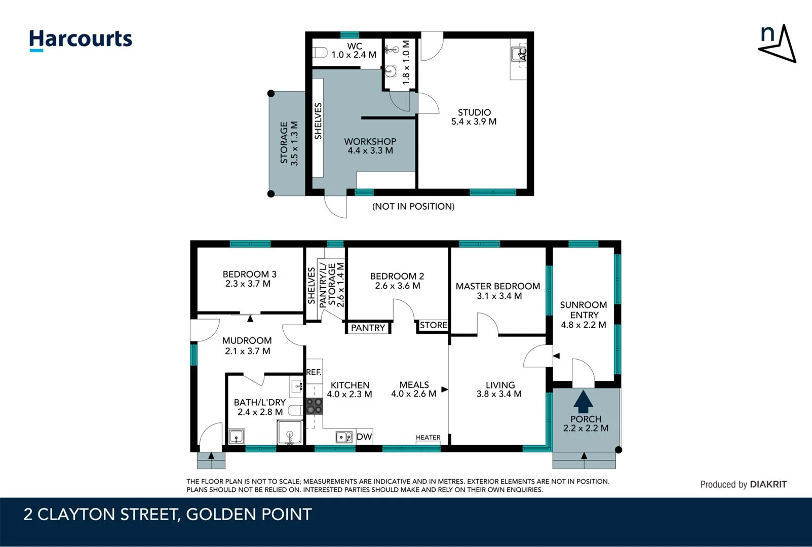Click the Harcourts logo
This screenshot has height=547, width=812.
coord(80,40)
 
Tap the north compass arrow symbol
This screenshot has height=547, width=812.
coord(778,44)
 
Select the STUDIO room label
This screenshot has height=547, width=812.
coord(474,112)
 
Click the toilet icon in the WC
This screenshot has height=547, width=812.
coord(320,53)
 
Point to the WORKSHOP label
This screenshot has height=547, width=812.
coord(370,142)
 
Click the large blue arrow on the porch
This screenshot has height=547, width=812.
coord(583,402)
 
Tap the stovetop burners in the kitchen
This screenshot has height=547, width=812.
coord(314,406)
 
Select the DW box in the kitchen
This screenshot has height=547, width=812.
coord(364,437)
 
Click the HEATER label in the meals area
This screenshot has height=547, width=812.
coord(428,438)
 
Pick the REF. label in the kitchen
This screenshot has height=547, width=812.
coord(314,372)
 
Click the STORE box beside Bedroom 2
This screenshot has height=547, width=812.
coord(433,325)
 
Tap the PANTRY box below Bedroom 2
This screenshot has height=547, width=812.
coord(368,328)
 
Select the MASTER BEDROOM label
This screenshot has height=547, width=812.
coord(497,286)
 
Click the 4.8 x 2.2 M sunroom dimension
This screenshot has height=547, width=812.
coord(583,325)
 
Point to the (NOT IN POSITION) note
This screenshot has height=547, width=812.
coord(413,206)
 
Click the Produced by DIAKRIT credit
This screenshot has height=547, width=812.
coord(743,484)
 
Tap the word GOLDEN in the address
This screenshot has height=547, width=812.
coord(220,515)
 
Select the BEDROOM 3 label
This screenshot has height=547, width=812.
coord(249,274)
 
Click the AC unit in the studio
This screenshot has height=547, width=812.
coord(519,54)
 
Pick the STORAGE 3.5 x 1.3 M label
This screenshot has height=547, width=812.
coord(289,143)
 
